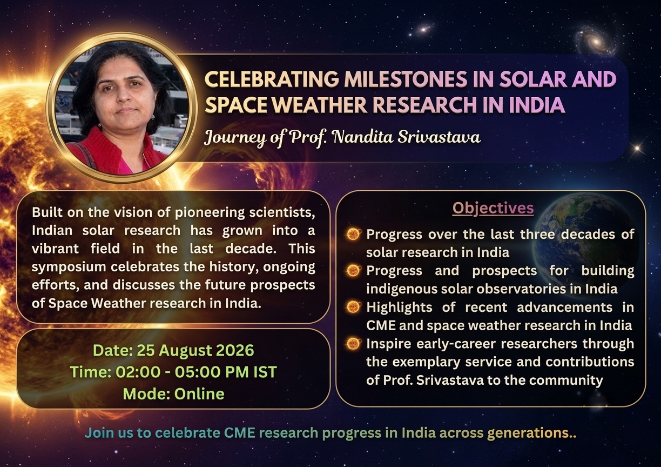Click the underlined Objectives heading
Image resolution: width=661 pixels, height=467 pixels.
coord(493,209)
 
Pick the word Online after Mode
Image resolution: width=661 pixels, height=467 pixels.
coord(199,393)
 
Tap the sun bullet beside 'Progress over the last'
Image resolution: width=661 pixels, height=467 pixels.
coord(354,234)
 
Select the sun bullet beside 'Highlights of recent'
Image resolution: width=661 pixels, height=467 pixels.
coord(354,307)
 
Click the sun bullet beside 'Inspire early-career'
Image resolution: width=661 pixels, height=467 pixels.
coord(354,344)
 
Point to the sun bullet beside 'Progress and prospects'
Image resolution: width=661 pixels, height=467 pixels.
coord(354,271)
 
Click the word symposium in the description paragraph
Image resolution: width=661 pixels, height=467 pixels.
coord(69,268)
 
